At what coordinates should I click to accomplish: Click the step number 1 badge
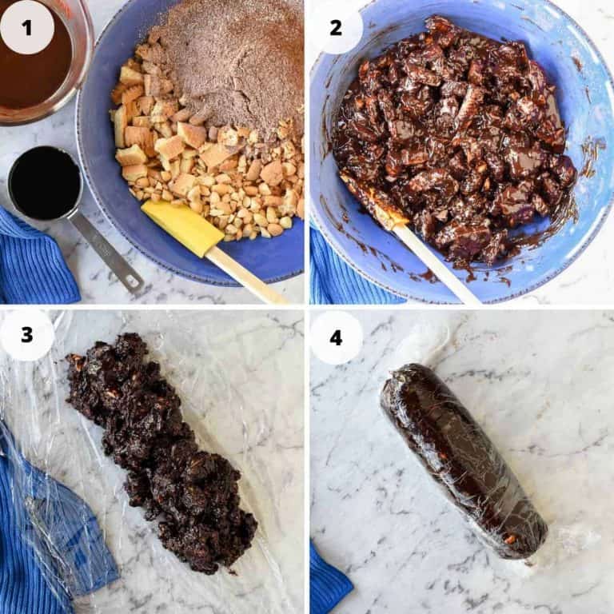coord(27,27)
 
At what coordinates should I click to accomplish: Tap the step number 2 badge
coord(336,27)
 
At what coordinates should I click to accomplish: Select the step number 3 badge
coord(27,334)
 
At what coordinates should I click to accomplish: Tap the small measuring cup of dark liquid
coord(45,183)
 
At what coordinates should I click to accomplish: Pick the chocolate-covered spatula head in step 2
coord(373,200)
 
